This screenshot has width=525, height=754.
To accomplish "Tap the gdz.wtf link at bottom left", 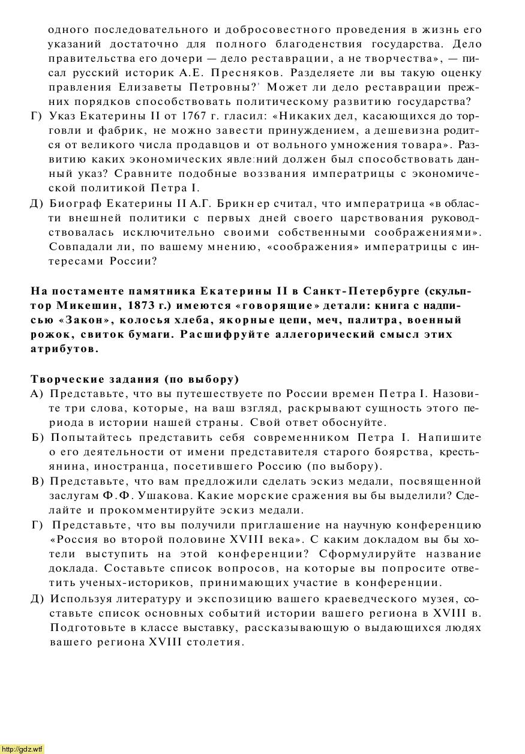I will click(22, 749).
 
